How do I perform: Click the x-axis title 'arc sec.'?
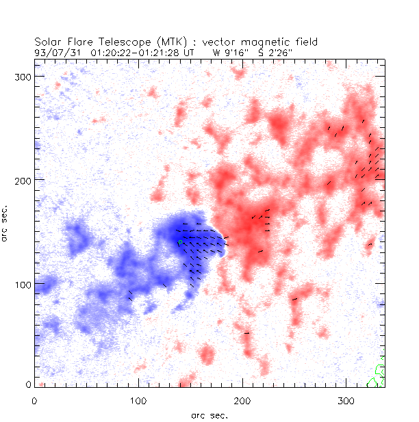(x=209, y=414)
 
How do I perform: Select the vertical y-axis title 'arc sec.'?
(x=5, y=222)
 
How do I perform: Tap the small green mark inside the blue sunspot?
(x=180, y=242)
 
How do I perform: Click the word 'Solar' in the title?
(x=49, y=41)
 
